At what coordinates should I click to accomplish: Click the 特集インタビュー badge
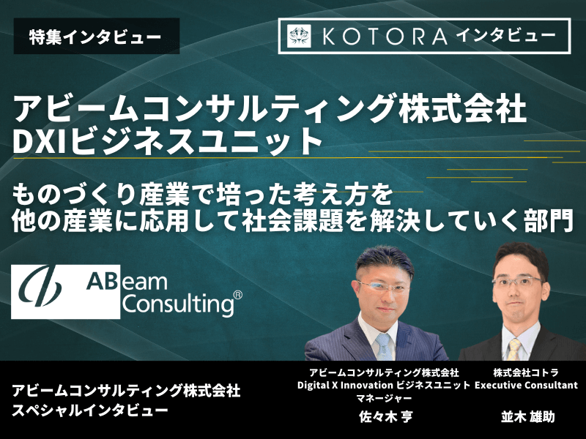97,36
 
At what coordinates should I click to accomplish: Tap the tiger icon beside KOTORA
299,36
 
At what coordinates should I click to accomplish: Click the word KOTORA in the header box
385,37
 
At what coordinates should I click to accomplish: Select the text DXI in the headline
41,141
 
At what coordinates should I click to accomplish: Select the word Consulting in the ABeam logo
178,304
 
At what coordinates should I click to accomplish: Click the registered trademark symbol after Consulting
237,296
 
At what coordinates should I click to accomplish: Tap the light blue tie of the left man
383,346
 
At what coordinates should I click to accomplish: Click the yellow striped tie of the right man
514,350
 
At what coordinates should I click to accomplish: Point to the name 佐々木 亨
385,416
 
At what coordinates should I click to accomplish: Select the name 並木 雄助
527,416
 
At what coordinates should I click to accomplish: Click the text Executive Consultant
526,385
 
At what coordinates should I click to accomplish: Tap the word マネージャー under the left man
384,398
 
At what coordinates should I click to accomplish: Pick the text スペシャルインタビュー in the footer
90,410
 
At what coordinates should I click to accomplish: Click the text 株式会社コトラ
526,372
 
